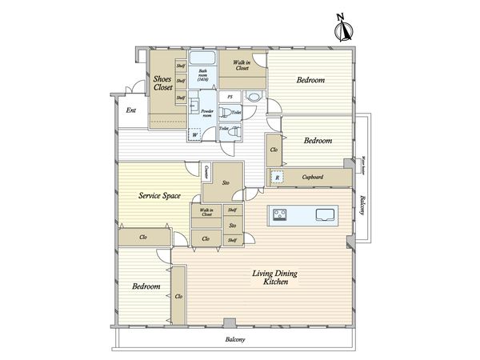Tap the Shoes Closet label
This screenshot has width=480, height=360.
(x=164, y=82)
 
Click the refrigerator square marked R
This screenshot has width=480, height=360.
(x=277, y=178)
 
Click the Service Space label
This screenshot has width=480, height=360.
(x=158, y=195)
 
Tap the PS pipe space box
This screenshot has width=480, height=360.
(x=230, y=96)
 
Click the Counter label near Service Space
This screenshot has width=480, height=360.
(x=206, y=171)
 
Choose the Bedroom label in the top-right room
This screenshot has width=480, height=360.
(x=310, y=81)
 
